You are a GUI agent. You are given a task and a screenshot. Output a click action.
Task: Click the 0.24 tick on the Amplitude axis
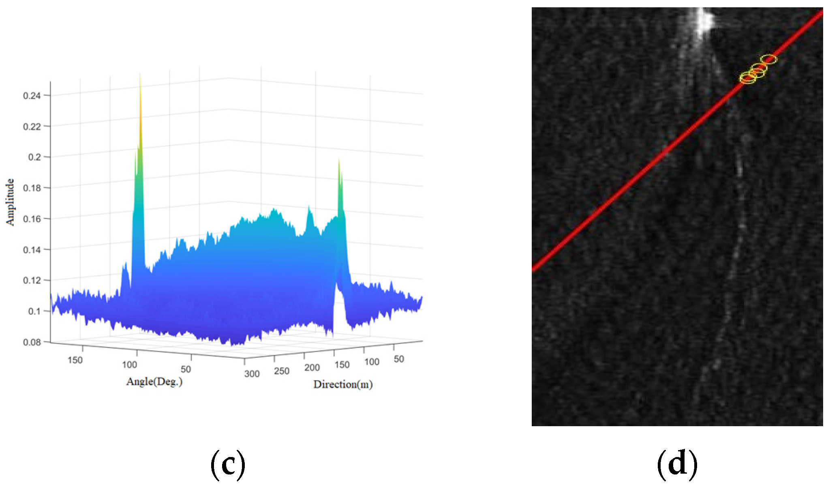tap(32, 96)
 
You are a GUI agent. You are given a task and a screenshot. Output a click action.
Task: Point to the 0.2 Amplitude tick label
tap(34, 157)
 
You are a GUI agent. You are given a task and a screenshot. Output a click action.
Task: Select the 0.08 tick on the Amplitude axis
tap(32, 342)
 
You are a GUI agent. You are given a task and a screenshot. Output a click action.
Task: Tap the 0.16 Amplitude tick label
tap(32, 219)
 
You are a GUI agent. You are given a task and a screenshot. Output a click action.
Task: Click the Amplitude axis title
tap(10, 202)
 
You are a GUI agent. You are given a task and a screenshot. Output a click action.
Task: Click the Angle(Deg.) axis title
tap(154, 382)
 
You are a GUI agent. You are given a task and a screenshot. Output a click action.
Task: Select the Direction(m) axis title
tap(343, 384)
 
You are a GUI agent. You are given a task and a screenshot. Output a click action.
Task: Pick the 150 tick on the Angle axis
tap(75, 360)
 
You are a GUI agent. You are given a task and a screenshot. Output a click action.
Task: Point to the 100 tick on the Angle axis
tap(130, 365)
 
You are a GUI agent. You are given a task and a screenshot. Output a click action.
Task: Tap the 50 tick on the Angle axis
tap(186, 369)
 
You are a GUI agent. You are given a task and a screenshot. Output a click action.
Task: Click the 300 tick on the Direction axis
tap(252, 374)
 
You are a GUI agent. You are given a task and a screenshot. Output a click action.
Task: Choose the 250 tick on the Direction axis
tap(282, 371)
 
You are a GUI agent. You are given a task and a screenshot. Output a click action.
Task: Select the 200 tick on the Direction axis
tap(312, 368)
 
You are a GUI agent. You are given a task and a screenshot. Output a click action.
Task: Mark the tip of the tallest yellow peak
tap(140, 75)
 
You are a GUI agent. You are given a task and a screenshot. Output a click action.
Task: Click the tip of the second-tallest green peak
tap(339, 159)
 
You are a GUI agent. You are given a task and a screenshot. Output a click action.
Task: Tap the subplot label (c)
tap(228, 464)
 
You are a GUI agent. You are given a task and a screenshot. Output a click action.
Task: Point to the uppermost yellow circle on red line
tap(768, 59)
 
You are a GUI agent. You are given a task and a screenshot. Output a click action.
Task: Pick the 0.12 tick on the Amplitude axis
tap(32, 281)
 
